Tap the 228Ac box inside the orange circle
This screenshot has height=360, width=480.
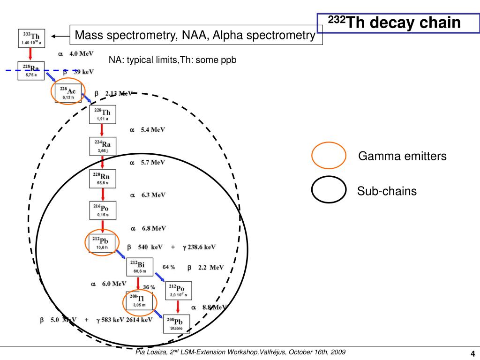pos(68,93)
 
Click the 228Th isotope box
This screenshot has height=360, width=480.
pos(103,114)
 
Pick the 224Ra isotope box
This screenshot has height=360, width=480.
pos(103,147)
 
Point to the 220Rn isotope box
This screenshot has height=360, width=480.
pos(103,179)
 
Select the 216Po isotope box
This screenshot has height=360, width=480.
pos(103,210)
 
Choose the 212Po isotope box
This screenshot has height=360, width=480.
pos(178,290)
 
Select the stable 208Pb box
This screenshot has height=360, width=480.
pos(177,323)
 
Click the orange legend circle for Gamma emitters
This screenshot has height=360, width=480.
pos(329,156)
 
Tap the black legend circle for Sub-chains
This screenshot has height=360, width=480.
pos(329,190)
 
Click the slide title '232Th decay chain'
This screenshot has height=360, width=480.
pos(394,22)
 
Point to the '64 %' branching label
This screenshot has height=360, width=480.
pos(169,267)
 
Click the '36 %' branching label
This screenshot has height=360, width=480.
pos(149,287)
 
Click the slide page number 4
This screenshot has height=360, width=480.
pos(472,353)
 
